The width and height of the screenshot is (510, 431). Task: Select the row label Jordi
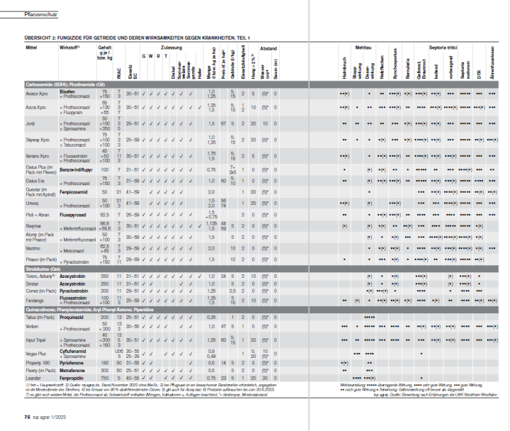pos(30,123)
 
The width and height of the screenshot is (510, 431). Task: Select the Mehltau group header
pos(365,47)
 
